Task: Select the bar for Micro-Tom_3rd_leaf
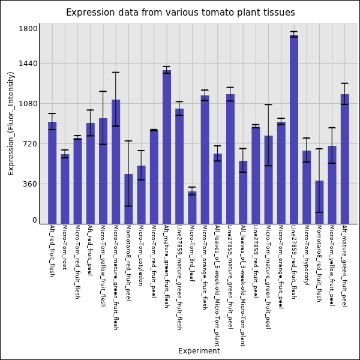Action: click(x=192, y=208)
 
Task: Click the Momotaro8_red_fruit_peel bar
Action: click(x=128, y=199)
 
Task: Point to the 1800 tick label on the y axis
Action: click(x=29, y=29)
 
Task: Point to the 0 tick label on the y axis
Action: click(x=35, y=220)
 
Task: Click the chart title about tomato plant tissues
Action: click(x=180, y=13)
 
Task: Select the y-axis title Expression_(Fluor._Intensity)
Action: click(x=11, y=123)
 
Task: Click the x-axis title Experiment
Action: click(x=199, y=351)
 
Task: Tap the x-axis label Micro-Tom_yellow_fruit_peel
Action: click(x=332, y=265)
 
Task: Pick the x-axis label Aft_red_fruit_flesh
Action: click(x=52, y=251)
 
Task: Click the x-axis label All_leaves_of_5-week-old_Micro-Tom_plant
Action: click(x=217, y=286)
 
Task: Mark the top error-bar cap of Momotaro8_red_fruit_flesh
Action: click(x=319, y=149)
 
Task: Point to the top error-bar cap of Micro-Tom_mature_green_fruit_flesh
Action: click(x=116, y=73)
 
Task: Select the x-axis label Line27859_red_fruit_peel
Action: click(x=256, y=262)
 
